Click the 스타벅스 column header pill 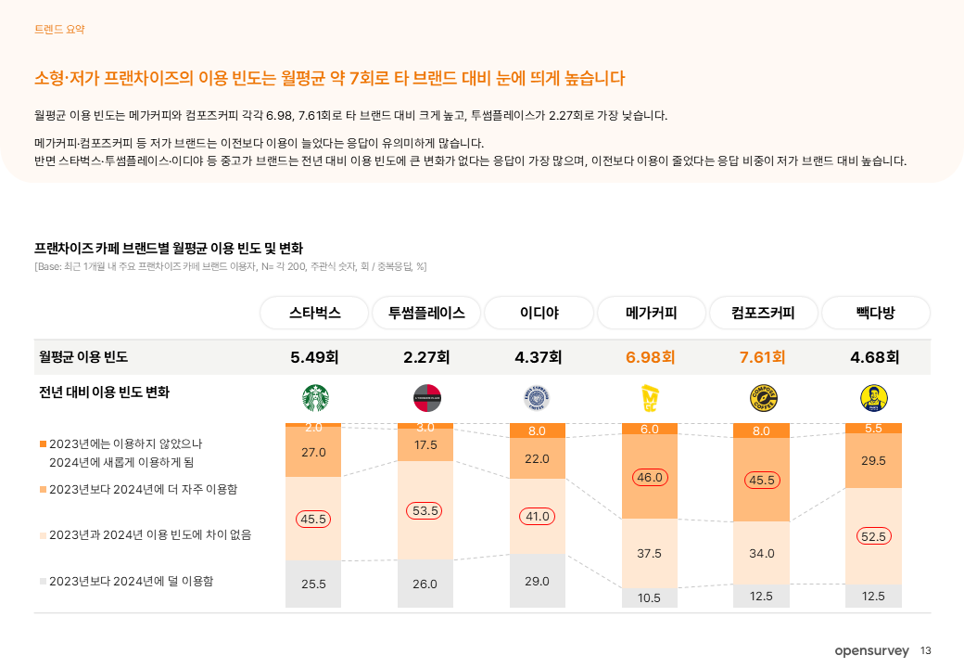pos(314,313)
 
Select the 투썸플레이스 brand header pos(426,313)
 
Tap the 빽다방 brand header pos(875,313)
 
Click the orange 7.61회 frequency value pos(762,357)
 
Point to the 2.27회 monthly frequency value pos(426,357)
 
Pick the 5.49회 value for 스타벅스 pos(314,357)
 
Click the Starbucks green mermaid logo pos(314,398)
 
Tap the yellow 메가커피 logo pos(650,398)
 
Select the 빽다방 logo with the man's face pos(874,398)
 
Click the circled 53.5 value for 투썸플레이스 pos(425,510)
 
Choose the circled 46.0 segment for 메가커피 pos(650,478)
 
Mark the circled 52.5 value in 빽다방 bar pos(873,536)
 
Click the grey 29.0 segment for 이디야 pos(538,581)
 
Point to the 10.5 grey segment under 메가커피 pos(650,597)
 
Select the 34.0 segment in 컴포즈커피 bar pos(762,553)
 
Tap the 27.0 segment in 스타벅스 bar pos(314,452)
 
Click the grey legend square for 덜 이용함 pos(43,581)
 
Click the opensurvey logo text pos(871,651)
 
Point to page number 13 pos(926,651)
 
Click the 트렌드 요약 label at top pos(59,30)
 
